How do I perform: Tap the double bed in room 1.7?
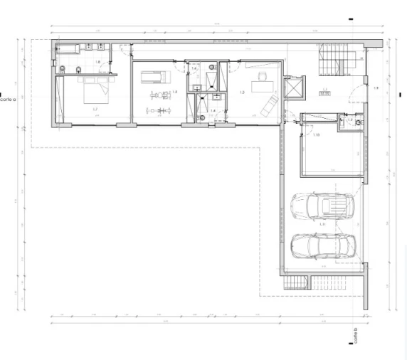(92, 90)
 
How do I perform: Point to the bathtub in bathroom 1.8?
(68, 49)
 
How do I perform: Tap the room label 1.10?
(316, 134)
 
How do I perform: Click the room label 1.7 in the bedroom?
(95, 109)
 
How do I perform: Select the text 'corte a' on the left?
(8, 100)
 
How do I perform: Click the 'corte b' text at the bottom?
(354, 334)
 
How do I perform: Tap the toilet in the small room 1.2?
(359, 122)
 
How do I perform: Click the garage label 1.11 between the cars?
(322, 225)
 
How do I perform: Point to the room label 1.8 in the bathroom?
(97, 62)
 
